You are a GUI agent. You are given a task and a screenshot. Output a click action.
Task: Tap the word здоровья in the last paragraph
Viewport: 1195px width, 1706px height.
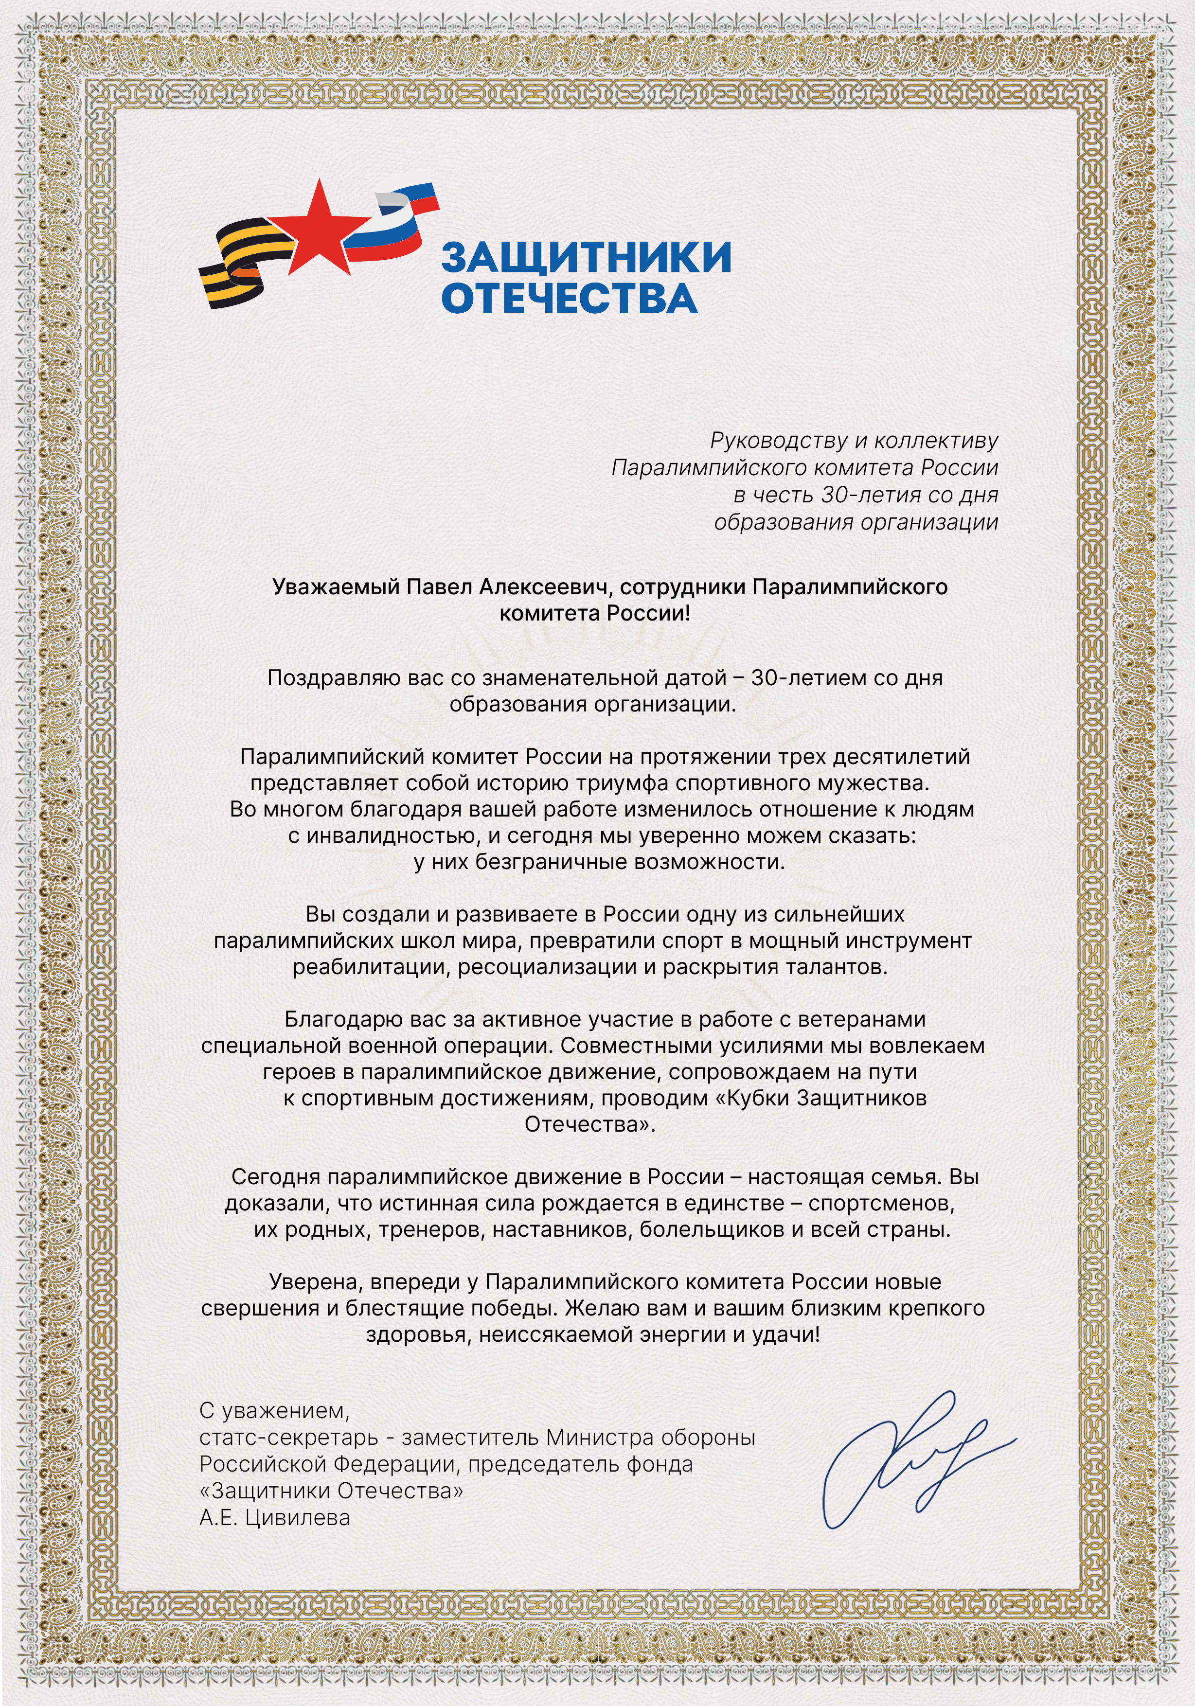(x=417, y=1334)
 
